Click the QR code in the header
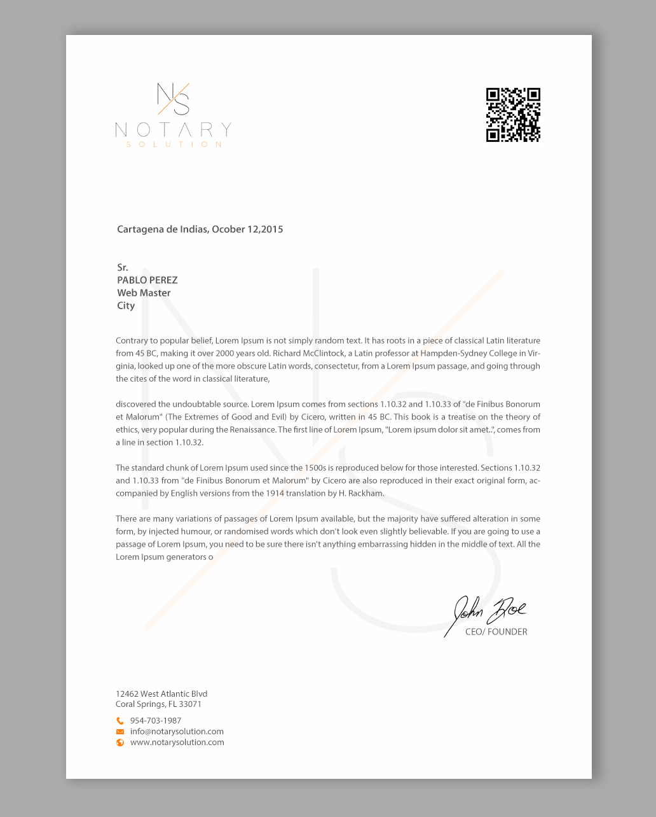(513, 115)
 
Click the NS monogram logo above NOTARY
(174, 99)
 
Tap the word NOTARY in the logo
(173, 130)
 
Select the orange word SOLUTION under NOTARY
(174, 144)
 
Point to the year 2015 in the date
(272, 229)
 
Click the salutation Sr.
(123, 267)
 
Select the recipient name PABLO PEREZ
(147, 280)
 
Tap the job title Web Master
(144, 293)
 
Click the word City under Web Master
(126, 305)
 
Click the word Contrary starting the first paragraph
(132, 341)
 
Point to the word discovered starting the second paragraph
(135, 404)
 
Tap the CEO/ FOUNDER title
(496, 632)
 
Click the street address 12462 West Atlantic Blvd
(161, 694)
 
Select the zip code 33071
(190, 704)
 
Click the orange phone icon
(120, 721)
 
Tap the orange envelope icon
(120, 732)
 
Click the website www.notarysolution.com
(177, 743)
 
